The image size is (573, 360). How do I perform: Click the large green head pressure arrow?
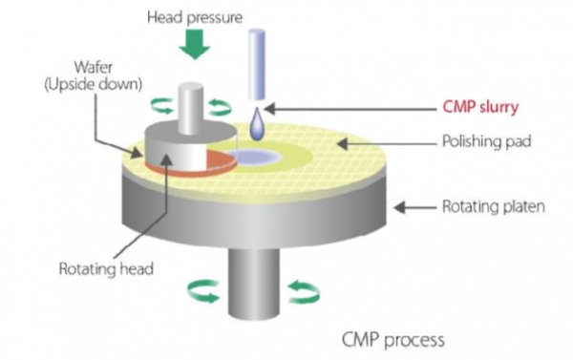coord(196,44)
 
